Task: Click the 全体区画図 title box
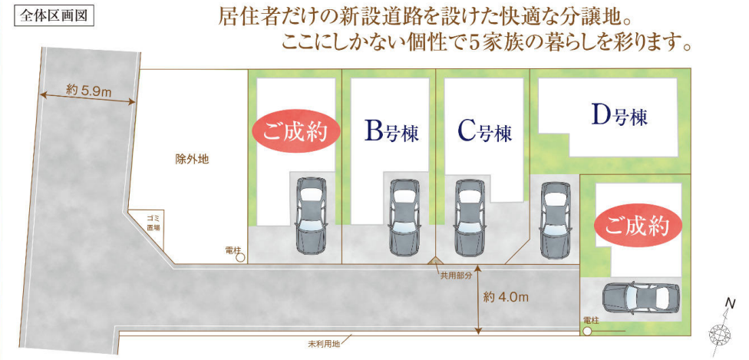pos(53,15)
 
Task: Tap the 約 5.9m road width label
pos(89,91)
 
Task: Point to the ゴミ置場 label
pos(153,223)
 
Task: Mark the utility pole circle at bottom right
pos(587,331)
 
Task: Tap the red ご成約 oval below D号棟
pos(636,227)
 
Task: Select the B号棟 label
pos(391,133)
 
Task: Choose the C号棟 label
pos(485,131)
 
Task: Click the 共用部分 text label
pos(455,276)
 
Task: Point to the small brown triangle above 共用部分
pos(434,260)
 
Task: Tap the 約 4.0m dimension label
pos(506,297)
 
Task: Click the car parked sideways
pos(641,299)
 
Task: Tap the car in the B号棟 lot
pos(405,217)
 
